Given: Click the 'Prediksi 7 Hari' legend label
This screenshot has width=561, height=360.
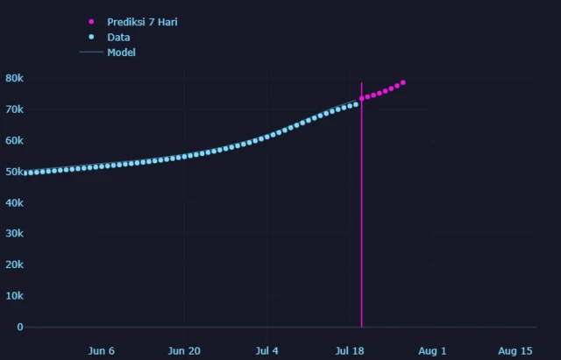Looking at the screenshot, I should click(142, 22).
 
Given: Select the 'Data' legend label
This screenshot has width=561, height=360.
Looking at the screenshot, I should click(118, 38).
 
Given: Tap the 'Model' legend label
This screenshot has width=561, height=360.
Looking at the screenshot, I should click(121, 53).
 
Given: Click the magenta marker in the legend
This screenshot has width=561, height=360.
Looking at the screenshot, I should click(91, 22).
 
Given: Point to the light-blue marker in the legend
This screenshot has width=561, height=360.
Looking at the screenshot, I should click(91, 38).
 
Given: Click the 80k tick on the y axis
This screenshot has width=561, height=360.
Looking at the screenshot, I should click(14, 78).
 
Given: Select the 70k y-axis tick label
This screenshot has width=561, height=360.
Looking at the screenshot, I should click(14, 109).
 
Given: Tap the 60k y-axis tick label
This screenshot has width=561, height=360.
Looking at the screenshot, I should click(14, 140).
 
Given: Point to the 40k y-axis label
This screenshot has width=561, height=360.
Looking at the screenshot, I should click(14, 202).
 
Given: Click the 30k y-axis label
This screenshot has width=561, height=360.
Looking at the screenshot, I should click(14, 234).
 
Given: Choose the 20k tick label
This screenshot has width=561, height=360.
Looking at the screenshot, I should click(14, 265).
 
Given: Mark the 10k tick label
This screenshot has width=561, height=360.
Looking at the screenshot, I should click(14, 296).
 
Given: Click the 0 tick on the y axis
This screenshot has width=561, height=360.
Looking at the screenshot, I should click(19, 327).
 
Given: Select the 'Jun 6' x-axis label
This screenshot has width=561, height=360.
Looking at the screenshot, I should click(102, 350).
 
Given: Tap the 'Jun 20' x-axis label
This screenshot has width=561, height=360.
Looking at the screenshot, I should click(184, 350).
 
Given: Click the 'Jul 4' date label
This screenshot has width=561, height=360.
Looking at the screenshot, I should click(267, 350).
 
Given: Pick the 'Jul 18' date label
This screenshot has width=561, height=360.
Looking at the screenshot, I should click(350, 350).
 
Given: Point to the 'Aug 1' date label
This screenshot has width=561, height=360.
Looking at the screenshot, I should click(432, 350).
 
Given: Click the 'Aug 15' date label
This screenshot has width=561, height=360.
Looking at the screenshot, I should click(515, 350).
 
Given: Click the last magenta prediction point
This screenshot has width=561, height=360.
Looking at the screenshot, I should click(402, 82).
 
